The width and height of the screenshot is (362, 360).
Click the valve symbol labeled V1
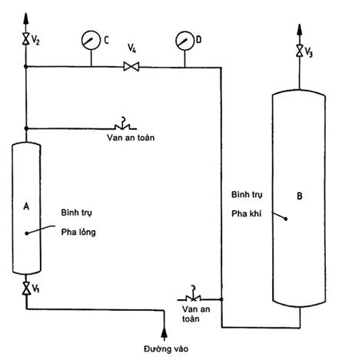(26, 289)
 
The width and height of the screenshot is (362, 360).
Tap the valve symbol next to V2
(25, 39)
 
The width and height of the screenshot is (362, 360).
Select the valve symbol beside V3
(300, 51)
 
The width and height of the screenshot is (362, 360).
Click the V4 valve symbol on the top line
(131, 67)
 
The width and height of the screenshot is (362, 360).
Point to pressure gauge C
(91, 40)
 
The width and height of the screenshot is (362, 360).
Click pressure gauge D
(185, 41)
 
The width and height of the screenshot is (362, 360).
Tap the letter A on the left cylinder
(26, 206)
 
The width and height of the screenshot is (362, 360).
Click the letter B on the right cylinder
(300, 196)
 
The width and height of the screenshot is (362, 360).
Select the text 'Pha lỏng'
(78, 233)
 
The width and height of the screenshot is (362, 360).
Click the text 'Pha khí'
(247, 213)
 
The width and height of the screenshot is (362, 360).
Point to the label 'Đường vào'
(166, 348)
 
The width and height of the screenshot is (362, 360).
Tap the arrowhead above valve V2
(25, 18)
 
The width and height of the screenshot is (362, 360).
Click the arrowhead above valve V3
(300, 30)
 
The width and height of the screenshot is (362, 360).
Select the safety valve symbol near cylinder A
(123, 124)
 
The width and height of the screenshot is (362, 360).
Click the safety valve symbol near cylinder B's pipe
(191, 295)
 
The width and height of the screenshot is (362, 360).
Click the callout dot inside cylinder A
(27, 233)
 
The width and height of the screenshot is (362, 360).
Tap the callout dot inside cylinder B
(286, 219)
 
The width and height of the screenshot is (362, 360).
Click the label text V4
(131, 48)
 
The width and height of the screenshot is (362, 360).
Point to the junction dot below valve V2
(25, 67)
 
